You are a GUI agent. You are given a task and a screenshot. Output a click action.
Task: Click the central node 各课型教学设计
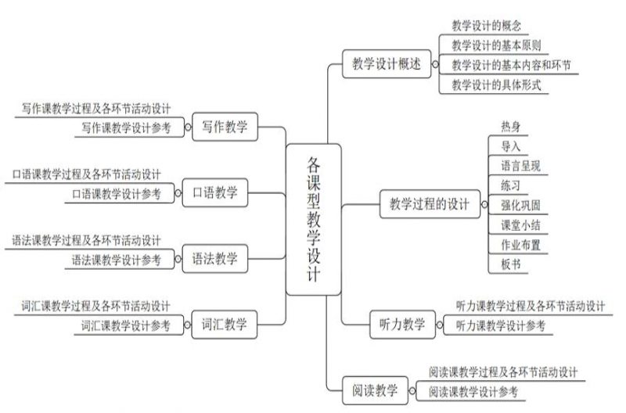click(314, 220)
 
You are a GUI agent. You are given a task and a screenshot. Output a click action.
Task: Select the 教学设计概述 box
click(387, 64)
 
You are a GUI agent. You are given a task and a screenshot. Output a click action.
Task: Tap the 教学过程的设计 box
click(430, 204)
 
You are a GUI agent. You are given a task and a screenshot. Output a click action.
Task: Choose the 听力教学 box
click(402, 325)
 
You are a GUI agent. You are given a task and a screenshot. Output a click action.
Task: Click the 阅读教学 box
click(376, 390)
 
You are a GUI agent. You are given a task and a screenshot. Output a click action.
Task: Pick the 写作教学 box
click(225, 127)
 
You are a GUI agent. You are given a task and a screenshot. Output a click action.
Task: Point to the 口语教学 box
click(214, 192)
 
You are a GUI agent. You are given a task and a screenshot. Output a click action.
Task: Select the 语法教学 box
click(214, 259)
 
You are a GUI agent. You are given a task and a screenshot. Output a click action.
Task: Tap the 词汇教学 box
click(225, 325)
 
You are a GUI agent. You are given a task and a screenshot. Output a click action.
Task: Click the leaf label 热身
click(511, 127)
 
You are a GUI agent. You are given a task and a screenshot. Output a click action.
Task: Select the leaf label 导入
click(511, 146)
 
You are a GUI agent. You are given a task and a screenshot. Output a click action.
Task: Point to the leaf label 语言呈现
click(520, 166)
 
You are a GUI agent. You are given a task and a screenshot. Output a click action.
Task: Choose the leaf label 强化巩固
click(520, 206)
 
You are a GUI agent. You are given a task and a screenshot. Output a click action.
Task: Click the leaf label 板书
click(511, 264)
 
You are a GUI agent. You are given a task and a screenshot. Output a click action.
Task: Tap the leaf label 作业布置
click(520, 245)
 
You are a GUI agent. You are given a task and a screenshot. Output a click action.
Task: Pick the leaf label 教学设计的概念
click(486, 26)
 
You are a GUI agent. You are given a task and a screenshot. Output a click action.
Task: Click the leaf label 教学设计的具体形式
click(496, 85)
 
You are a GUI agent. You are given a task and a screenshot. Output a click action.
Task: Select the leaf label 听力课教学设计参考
click(501, 326)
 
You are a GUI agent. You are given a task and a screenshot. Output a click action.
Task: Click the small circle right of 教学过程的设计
click(484, 204)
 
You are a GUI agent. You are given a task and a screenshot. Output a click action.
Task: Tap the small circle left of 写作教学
click(188, 127)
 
